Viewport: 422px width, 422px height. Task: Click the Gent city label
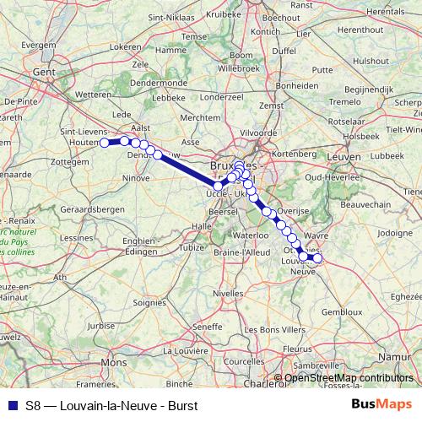tap(42, 73)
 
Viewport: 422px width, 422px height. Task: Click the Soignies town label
tap(149, 300)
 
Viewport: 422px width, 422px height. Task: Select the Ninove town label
tap(136, 178)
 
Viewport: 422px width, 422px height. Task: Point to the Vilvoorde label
tap(258, 133)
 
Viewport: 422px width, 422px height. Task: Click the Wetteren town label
tap(93, 95)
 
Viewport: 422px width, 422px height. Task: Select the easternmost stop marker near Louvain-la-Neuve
tap(317, 258)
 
